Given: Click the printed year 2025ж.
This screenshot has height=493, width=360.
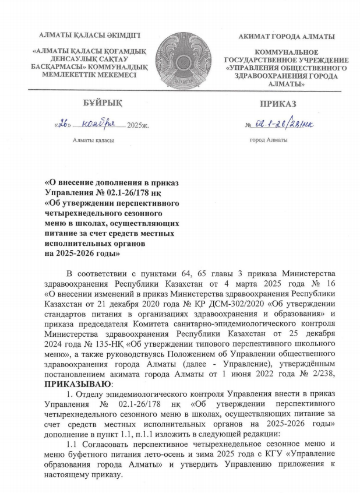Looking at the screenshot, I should point(138,125).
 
